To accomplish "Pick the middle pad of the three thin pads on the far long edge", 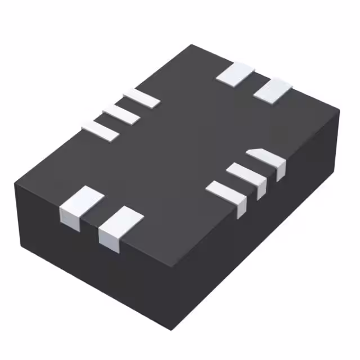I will point(120,112).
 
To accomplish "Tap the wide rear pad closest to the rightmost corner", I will point(273,90).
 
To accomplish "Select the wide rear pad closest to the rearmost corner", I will point(235,74).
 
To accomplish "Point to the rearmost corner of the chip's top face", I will point(191,45).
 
